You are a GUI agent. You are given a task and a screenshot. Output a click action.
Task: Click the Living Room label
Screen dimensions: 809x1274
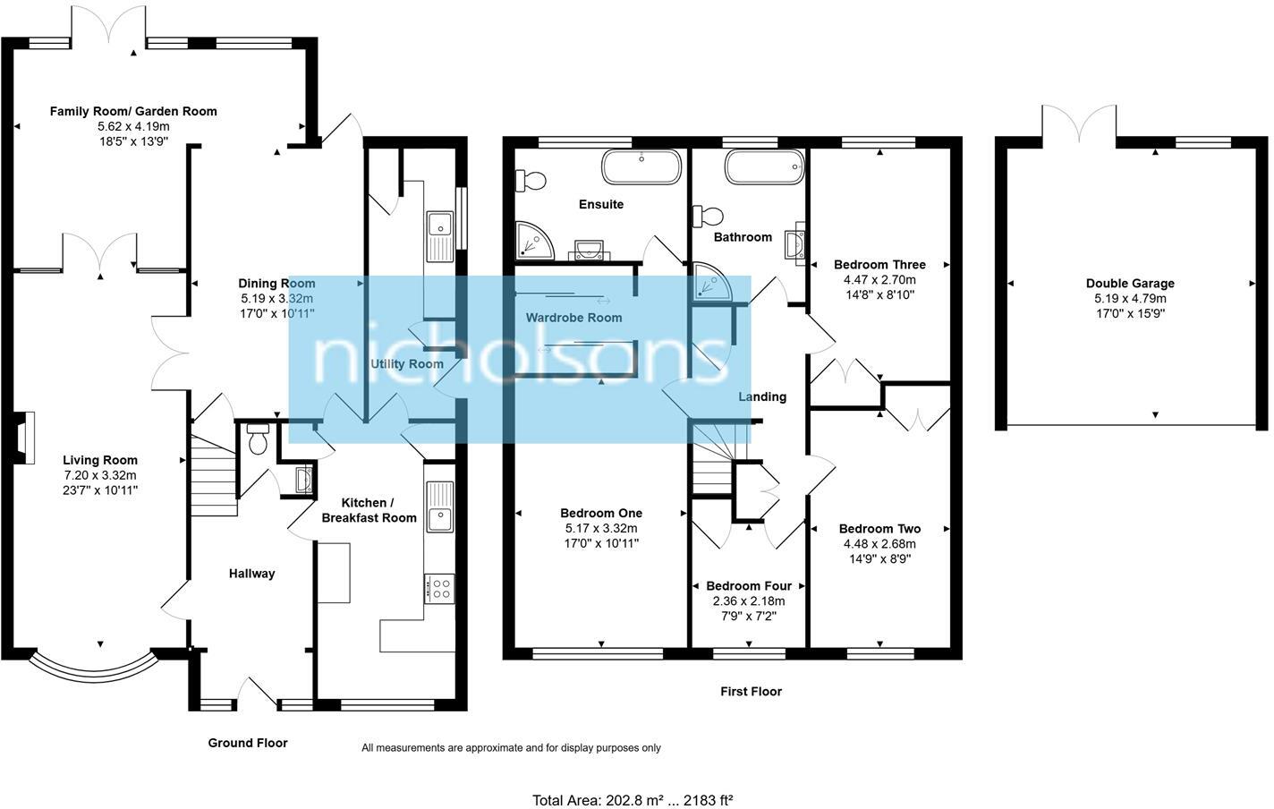point(100,460)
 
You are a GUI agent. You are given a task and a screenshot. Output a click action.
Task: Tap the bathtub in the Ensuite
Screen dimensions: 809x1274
point(641,166)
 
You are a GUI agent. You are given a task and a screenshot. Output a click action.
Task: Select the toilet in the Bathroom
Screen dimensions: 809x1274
point(710,216)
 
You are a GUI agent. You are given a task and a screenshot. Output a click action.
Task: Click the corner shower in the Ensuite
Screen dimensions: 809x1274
point(533,238)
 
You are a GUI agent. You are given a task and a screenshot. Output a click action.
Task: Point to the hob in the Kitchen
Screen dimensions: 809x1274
point(440,588)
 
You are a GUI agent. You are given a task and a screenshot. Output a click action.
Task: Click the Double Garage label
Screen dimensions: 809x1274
point(1130,283)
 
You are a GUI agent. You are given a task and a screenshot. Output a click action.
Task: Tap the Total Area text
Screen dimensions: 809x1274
point(633,800)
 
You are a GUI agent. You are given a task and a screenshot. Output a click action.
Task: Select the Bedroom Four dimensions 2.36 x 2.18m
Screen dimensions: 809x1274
point(748,601)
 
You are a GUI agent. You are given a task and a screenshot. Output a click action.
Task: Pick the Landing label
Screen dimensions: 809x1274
point(762,396)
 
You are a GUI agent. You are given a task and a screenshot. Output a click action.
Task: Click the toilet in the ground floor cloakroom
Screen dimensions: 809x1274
point(258,439)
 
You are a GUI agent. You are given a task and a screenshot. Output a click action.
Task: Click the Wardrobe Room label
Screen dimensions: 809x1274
point(573,317)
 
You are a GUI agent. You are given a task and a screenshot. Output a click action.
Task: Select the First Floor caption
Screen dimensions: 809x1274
point(751,691)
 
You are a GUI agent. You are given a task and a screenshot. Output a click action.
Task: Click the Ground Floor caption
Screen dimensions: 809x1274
point(248,743)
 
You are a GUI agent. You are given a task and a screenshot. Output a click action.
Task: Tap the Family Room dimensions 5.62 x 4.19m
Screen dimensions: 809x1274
point(133,126)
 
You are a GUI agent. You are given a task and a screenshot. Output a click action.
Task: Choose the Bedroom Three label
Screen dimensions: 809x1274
point(879,264)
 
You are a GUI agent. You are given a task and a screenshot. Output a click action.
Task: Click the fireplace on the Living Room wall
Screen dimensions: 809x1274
point(24,439)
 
